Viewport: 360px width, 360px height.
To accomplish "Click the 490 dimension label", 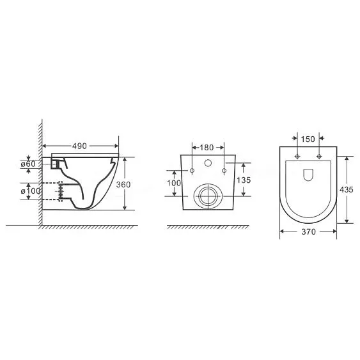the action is [79, 146].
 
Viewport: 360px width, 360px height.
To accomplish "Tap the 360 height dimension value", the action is [123, 185].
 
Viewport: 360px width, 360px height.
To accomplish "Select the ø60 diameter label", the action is [28, 164].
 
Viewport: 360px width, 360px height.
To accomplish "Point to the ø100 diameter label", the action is [31, 191].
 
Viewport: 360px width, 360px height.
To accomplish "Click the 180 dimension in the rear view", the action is [207, 148].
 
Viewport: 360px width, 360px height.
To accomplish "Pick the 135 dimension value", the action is [244, 180].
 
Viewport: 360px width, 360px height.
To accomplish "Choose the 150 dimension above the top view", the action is [308, 139].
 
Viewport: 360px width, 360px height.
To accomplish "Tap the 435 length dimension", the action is [347, 190].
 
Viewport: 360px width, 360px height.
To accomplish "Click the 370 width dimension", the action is [309, 232].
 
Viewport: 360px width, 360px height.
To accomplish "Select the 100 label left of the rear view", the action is [174, 184].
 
